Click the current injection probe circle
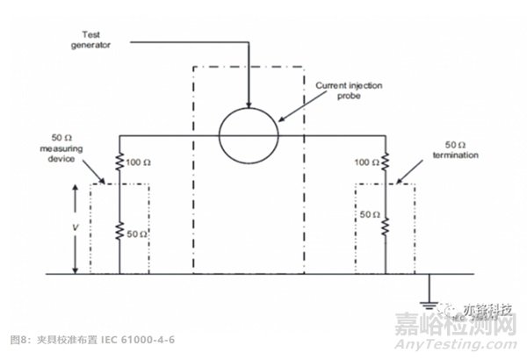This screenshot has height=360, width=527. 249,134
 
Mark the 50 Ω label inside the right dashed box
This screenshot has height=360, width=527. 369,213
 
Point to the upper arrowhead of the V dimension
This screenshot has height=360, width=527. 76,188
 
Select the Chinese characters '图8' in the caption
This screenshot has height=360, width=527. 18,338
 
